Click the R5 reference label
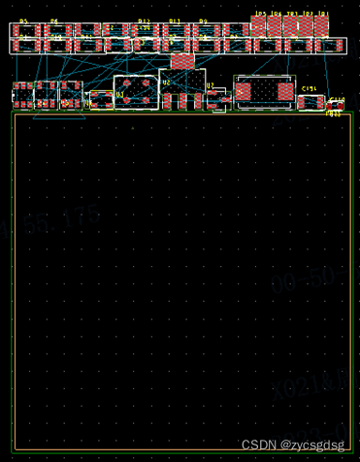pos(23,21)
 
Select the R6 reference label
pos(54,21)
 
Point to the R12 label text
pos(144,21)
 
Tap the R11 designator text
pos(175,21)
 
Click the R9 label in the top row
pos(204,21)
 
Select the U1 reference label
pos(120,94)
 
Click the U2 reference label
pos(166,83)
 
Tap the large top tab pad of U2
pos(182,61)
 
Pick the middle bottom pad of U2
pos(182,102)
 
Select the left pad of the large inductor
pos(244,91)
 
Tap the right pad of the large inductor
pos(284,91)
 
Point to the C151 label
pos(310,88)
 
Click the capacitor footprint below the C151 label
pos(311,101)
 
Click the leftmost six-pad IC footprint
pos(46,96)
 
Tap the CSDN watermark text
pos(292,445)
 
